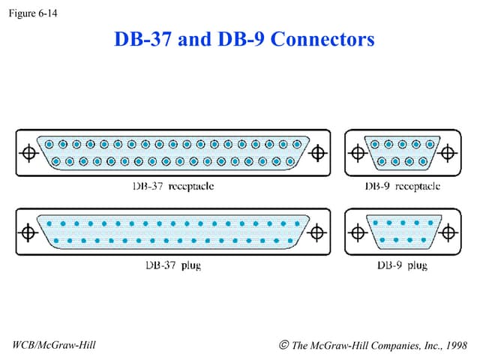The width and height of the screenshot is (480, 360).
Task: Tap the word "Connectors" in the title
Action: tap(322, 39)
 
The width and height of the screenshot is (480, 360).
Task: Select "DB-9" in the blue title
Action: tap(240, 39)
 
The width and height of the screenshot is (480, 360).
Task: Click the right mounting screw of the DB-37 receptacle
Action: tap(318, 153)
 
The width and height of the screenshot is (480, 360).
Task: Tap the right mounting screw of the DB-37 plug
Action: tap(318, 232)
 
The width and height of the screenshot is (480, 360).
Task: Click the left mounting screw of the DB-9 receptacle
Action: tap(357, 153)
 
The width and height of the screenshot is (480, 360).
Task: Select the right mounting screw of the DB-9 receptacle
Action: tap(448, 153)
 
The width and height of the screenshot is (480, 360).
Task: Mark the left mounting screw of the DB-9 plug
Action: tap(357, 232)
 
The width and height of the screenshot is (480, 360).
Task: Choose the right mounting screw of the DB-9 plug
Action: tap(448, 232)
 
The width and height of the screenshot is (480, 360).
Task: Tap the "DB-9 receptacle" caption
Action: tap(402, 186)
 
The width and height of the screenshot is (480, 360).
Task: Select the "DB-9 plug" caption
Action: tap(402, 265)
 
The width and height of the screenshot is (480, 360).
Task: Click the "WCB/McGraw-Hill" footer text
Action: tap(55, 345)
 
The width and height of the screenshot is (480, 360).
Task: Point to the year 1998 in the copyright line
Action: tap(454, 345)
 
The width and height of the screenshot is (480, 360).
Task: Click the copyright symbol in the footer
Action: tap(283, 345)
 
